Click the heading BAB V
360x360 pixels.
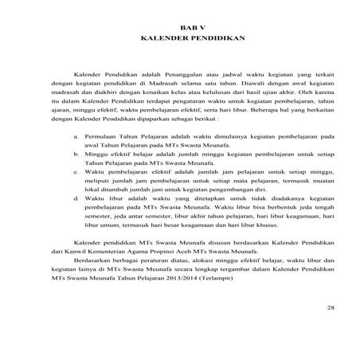pos(180,27)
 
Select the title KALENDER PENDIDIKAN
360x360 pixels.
pos(180,37)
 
